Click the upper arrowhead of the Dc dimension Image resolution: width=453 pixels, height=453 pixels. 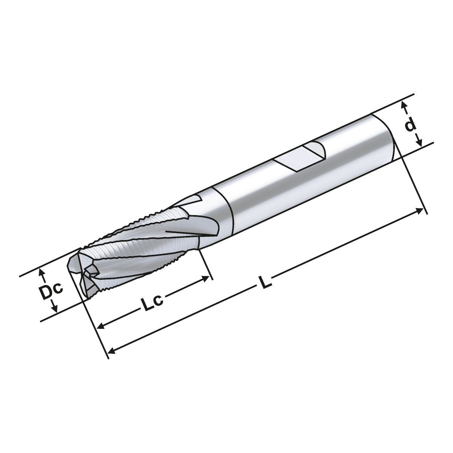43,271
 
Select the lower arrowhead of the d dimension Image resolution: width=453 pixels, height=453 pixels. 419,143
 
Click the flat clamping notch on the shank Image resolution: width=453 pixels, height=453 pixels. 300,156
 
